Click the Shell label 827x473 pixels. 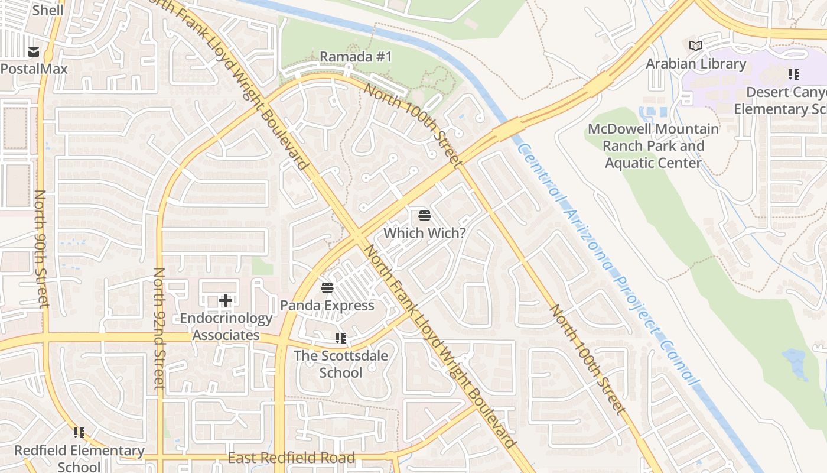(48, 10)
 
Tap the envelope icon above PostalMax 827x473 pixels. (33, 52)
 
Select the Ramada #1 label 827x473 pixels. (356, 57)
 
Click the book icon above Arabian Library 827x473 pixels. (696, 46)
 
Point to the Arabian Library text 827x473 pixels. (696, 63)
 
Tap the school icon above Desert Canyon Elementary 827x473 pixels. (793, 74)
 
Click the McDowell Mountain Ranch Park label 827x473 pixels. (653, 145)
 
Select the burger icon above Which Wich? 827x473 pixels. (424, 216)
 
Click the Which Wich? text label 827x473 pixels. (424, 233)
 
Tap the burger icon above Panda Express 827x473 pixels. (327, 288)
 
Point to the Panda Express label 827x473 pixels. (327, 305)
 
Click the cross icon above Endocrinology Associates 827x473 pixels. (226, 301)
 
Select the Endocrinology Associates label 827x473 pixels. (226, 326)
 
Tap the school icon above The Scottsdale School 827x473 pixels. (341, 338)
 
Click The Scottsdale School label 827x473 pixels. (341, 364)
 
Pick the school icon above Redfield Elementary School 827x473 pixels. (79, 433)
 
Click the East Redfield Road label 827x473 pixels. (291, 458)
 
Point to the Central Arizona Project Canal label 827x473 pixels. (608, 263)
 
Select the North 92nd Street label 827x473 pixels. (158, 328)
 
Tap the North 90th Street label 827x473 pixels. (41, 248)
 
